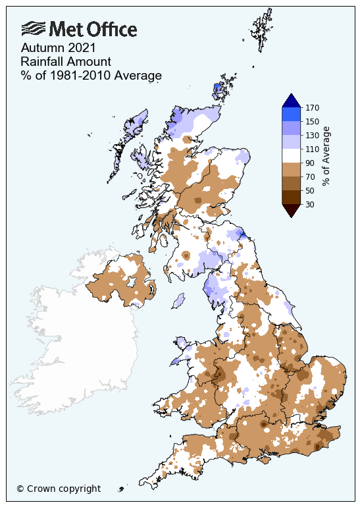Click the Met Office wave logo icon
click(x=33, y=28)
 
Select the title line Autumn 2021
click(x=58, y=48)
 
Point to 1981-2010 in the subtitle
click(x=80, y=75)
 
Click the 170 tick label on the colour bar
click(x=313, y=107)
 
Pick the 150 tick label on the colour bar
click(x=313, y=121)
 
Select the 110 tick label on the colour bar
click(x=313, y=149)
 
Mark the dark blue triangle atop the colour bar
click(x=291, y=101)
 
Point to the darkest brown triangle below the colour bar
click(x=291, y=210)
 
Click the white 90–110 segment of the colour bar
click(x=291, y=155)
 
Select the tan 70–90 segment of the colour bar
click(x=291, y=169)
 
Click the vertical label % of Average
click(x=326, y=155)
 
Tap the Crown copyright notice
click(x=59, y=489)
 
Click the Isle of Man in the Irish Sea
click(x=178, y=301)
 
